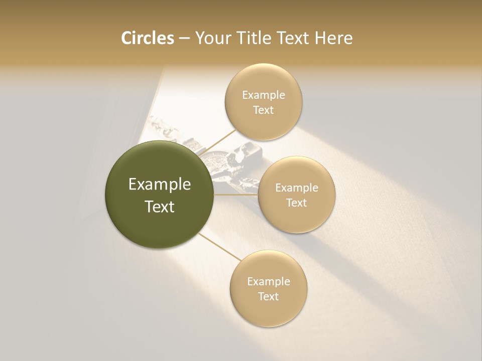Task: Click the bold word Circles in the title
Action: click(147, 38)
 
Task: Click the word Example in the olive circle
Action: click(160, 185)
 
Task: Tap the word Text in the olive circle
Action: click(160, 207)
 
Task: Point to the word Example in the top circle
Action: click(264, 95)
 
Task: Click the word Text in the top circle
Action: click(263, 110)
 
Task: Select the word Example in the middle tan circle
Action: click(297, 188)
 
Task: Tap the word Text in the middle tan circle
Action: click(296, 203)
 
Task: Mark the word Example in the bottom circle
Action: click(269, 281)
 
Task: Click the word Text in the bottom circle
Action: click(268, 296)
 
